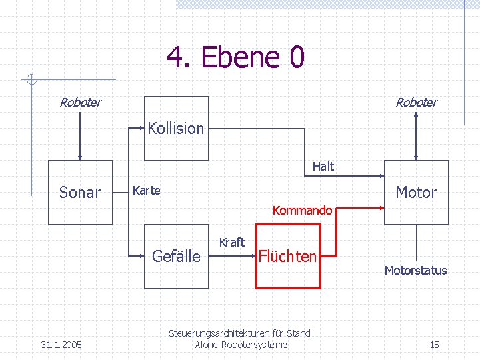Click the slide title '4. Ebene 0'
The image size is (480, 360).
pos(235,57)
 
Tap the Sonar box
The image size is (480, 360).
pos(80,192)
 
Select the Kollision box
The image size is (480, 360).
pos(176,128)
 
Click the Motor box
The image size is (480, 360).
pos(416,192)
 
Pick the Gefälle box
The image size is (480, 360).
pos(176,256)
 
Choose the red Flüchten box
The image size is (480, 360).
pos(287,257)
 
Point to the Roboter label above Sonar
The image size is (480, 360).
pos(80,103)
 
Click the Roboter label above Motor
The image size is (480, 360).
pos(416,103)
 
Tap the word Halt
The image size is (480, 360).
pos(323,167)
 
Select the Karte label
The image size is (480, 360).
pos(147,191)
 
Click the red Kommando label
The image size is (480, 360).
pos(302,211)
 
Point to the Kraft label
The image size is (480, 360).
pos(232,242)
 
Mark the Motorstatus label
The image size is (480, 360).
pos(415,271)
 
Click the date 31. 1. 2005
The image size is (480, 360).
pos(61,345)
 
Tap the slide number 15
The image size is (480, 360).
pos(434,345)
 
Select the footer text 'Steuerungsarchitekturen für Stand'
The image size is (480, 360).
pos(239,333)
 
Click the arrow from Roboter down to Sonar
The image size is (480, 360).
pos(80,137)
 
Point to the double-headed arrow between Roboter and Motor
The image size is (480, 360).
pos(417,137)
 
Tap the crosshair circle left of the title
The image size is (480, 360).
pos(30,81)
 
